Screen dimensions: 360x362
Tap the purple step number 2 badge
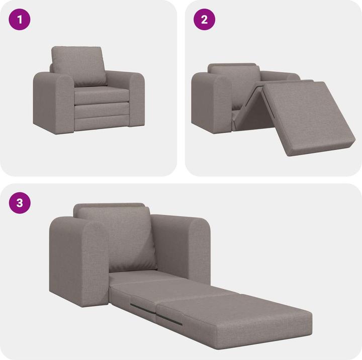(x=204, y=20)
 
